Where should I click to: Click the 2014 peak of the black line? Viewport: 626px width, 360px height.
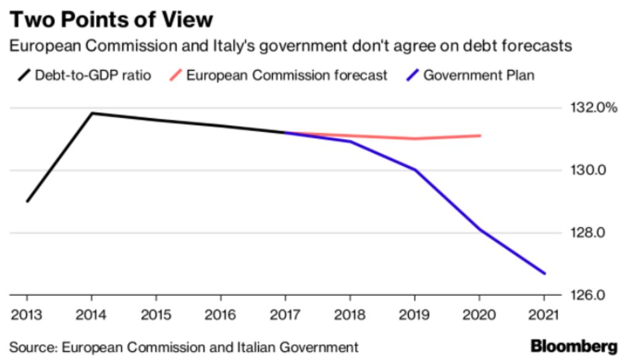92,113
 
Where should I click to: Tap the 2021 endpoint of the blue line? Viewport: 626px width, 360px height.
545,273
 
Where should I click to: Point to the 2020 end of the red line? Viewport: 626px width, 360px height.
480,136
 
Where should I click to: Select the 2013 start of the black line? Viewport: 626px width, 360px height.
27,201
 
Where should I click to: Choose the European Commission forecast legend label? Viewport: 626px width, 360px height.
287,76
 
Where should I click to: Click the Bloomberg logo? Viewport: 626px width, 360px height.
573,345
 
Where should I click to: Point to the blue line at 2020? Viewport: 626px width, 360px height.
480,230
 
